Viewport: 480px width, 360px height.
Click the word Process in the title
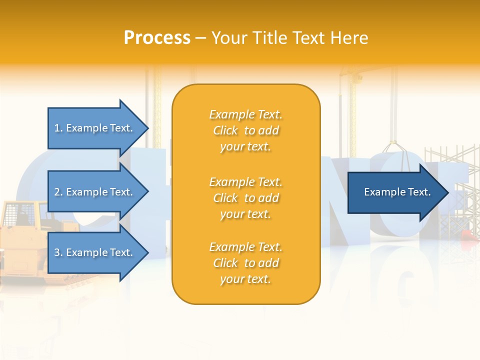(157, 38)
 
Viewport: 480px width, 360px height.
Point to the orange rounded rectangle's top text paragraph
(245, 130)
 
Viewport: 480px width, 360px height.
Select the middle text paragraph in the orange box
(245, 198)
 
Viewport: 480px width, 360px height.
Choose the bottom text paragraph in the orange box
(245, 263)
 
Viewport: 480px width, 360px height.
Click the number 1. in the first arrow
(58, 128)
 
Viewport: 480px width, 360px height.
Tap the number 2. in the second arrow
(58, 192)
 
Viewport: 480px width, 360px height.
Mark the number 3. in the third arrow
(58, 252)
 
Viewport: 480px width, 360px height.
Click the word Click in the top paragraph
(225, 131)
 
